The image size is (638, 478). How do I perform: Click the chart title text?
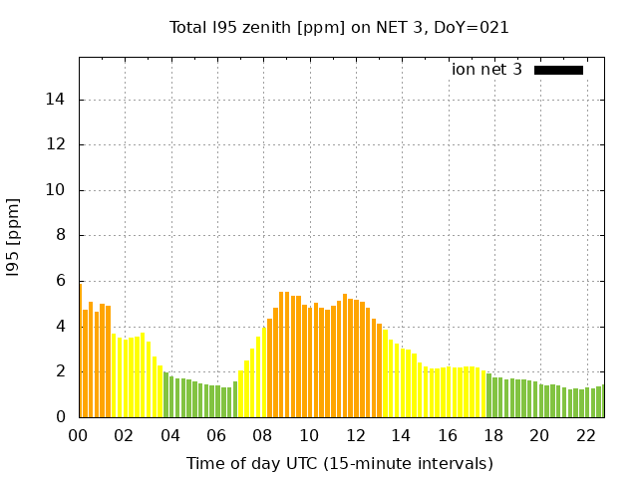(339, 28)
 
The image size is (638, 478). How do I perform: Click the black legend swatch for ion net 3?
(558, 70)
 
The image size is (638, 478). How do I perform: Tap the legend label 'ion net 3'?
(486, 70)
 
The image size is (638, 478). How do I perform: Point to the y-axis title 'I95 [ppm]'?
(13, 237)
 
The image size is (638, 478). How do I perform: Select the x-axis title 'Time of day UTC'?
(339, 463)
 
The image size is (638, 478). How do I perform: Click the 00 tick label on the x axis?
(79, 435)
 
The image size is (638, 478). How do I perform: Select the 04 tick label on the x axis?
(170, 435)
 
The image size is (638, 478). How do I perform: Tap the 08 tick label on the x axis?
(263, 435)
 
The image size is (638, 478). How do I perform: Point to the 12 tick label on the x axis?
(355, 435)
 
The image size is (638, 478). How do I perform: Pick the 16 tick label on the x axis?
(448, 435)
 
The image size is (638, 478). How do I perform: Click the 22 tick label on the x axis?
(585, 435)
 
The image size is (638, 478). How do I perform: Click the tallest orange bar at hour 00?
(81, 349)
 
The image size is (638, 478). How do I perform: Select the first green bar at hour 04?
(166, 394)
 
